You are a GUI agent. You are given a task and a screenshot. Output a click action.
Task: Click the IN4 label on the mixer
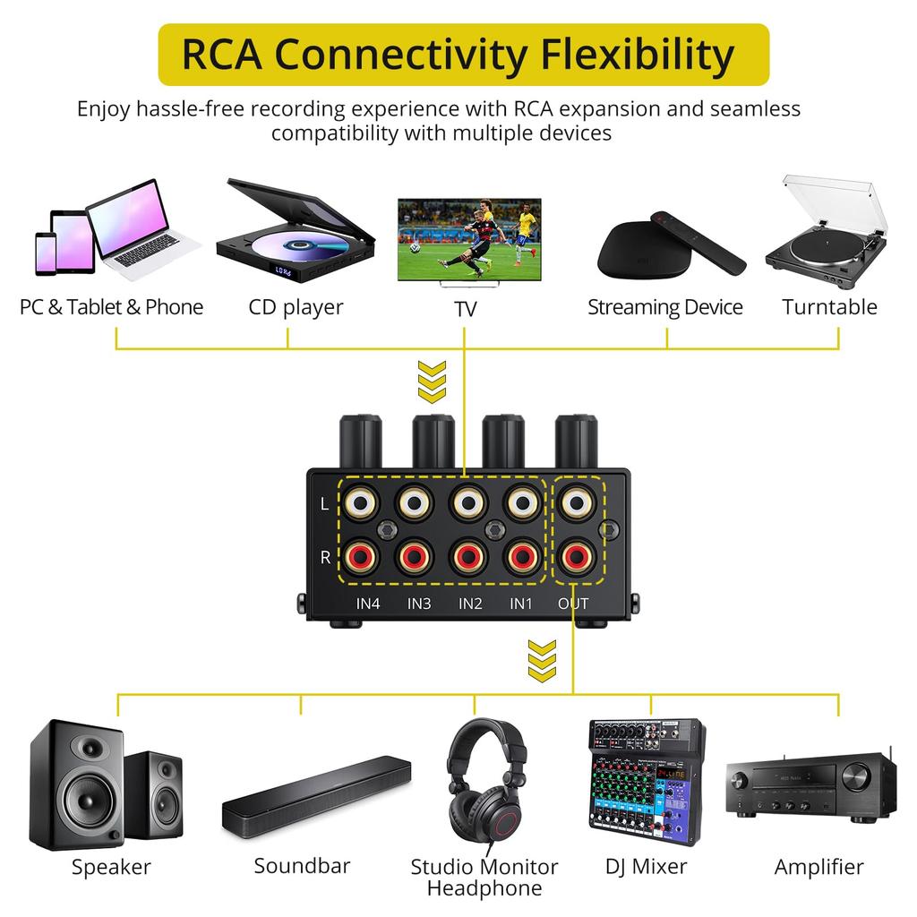368,604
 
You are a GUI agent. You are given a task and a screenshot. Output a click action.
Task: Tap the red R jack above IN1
522,557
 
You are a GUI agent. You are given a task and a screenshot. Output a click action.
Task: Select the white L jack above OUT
573,504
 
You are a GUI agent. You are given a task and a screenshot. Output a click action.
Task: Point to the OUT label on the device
573,604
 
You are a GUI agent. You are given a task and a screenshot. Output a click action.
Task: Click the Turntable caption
829,307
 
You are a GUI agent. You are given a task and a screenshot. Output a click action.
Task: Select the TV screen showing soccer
469,236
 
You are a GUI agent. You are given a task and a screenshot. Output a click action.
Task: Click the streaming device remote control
698,242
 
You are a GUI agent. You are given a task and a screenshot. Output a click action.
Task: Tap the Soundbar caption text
302,866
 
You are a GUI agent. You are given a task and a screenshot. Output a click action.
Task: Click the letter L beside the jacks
324,504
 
